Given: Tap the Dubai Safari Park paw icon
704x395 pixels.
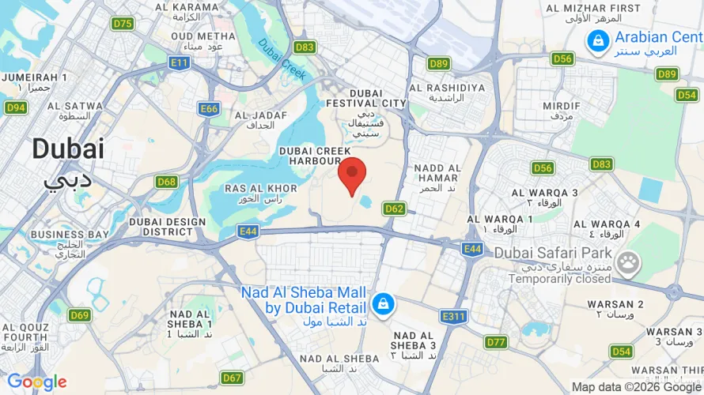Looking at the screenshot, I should [629, 261].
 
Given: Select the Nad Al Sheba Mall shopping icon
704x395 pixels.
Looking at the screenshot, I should [383, 303].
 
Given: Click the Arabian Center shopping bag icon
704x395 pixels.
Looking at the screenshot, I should [598, 38].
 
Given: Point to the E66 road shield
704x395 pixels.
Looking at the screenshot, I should [209, 109].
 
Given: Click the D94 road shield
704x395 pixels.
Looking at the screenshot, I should [15, 107].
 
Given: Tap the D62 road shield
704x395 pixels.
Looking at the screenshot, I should [394, 209].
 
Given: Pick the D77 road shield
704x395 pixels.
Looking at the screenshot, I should [496, 342].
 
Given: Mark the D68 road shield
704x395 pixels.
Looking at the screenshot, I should [166, 182].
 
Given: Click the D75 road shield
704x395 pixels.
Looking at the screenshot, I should [123, 24].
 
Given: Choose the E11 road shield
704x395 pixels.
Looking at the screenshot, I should [180, 62].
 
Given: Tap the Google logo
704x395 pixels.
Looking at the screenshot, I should [36, 383].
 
